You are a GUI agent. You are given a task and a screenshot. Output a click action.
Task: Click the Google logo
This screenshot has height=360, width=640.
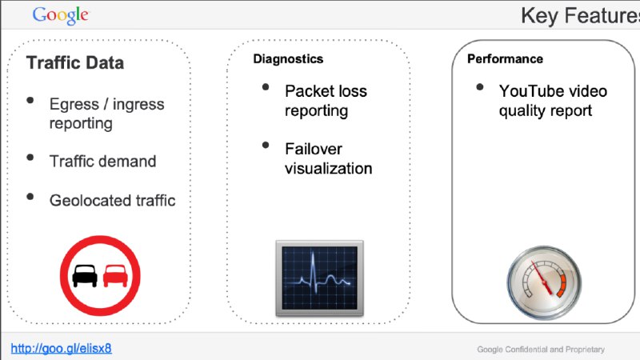(x=61, y=14)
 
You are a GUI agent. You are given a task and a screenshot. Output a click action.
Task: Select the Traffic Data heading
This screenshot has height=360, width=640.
(x=75, y=62)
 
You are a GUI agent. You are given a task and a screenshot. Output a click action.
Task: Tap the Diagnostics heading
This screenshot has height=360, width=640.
(x=288, y=58)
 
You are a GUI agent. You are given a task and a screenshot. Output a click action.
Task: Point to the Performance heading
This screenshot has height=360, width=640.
(x=505, y=58)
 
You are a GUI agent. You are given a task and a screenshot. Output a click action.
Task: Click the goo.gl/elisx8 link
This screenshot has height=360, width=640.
(x=61, y=348)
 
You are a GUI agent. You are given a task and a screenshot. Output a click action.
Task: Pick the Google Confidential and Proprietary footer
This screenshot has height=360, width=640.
(x=541, y=349)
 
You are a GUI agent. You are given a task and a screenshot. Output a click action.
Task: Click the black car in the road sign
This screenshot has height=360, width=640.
(x=85, y=275)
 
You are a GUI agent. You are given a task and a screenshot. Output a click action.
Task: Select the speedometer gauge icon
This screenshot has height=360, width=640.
(x=542, y=284)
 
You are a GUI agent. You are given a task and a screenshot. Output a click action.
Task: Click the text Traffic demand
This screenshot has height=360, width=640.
(x=102, y=161)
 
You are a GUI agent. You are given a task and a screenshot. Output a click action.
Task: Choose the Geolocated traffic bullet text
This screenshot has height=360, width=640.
(x=112, y=200)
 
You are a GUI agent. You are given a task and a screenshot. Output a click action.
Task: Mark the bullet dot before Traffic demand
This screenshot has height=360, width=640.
(x=30, y=158)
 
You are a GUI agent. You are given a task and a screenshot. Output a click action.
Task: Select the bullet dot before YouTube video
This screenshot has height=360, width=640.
(x=479, y=87)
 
